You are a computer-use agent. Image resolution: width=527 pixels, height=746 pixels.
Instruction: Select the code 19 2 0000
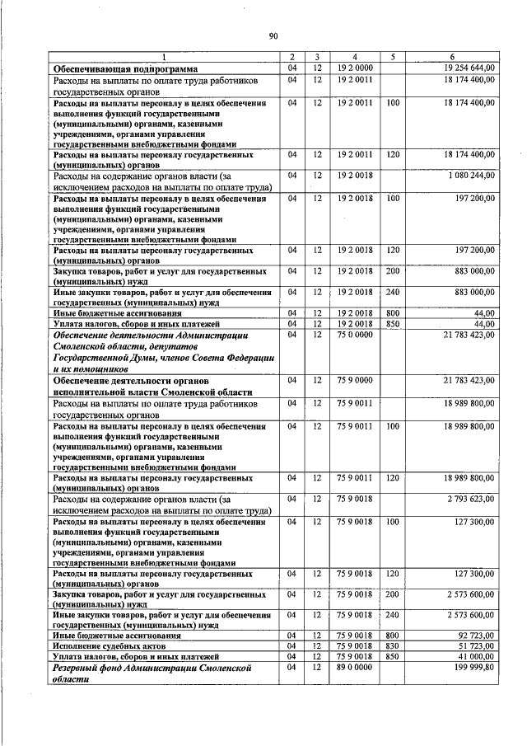(354, 67)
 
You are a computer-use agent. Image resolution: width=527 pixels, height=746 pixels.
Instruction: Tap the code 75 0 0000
(354, 334)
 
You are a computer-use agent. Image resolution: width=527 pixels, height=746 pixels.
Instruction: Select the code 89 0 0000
(354, 666)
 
